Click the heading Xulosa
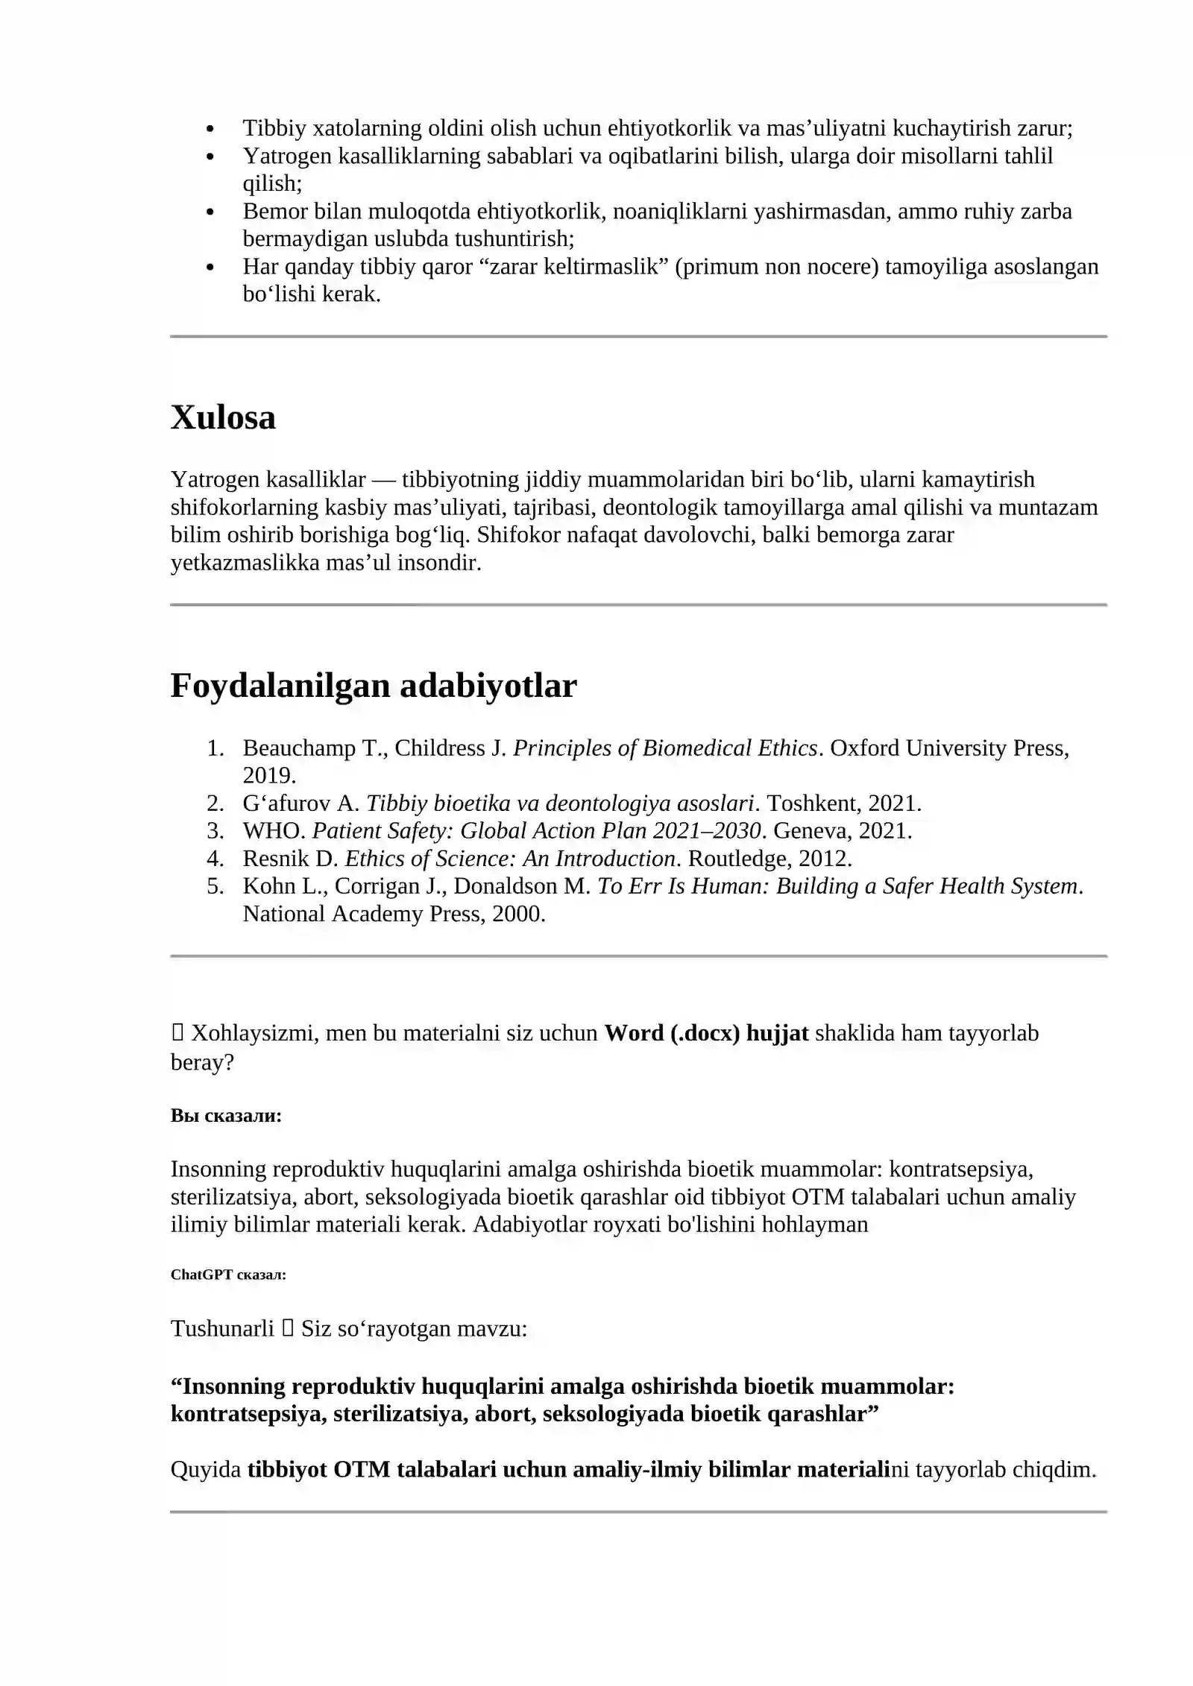point(223,417)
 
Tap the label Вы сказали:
point(226,1116)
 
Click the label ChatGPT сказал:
point(228,1275)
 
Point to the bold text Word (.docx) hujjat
point(705,1033)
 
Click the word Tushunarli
point(222,1328)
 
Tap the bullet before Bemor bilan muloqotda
point(210,212)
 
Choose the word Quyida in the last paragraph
point(206,1469)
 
